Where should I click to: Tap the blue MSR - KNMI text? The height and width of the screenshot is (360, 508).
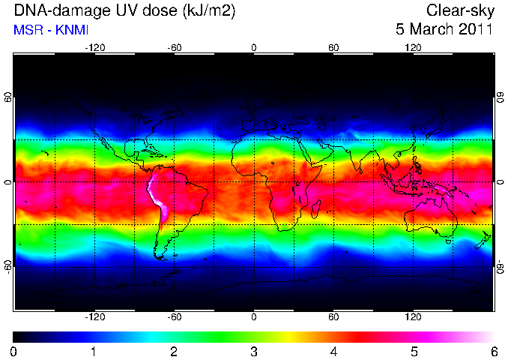coord(51,30)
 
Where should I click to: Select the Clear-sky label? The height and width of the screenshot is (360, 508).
coord(460,10)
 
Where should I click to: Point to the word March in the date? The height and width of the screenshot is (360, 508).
coord(432,29)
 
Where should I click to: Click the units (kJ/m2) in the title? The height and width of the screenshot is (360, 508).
coord(208,11)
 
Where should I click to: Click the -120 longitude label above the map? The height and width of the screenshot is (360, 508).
coord(95,48)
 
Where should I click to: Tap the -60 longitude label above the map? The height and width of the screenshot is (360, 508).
coord(175,48)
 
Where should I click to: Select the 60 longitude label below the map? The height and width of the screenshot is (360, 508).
coord(333,316)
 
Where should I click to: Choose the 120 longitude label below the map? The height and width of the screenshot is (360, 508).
coord(413,316)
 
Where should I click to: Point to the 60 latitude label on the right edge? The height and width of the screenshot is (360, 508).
coord(501,97)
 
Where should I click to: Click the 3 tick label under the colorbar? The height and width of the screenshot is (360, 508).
coord(254,352)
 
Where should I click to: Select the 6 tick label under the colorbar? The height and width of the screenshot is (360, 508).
coord(494,352)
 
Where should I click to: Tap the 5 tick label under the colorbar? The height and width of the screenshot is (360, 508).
coord(414,352)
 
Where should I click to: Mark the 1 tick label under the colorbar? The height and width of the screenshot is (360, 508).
coord(94,352)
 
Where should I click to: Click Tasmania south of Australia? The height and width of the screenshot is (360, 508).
coord(448,241)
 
